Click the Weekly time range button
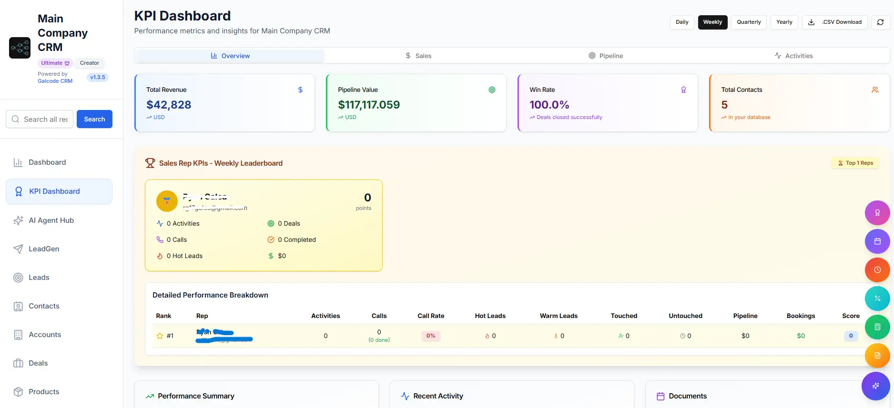(x=712, y=22)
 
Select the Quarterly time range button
(x=749, y=22)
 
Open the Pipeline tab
(x=606, y=56)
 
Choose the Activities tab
(x=793, y=56)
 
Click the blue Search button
(x=94, y=119)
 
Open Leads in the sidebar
(x=39, y=278)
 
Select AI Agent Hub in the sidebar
(x=51, y=220)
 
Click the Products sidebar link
(x=44, y=392)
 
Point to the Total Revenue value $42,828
(x=169, y=105)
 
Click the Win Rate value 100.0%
(x=549, y=105)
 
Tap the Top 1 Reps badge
(x=855, y=163)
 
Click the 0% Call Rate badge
(x=431, y=336)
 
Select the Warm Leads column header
(x=559, y=316)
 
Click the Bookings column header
(x=801, y=316)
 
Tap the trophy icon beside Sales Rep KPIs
(x=150, y=163)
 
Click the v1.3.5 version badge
(x=98, y=77)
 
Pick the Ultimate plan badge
(x=55, y=63)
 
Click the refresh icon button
(x=880, y=22)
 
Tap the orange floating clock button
(x=877, y=270)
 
